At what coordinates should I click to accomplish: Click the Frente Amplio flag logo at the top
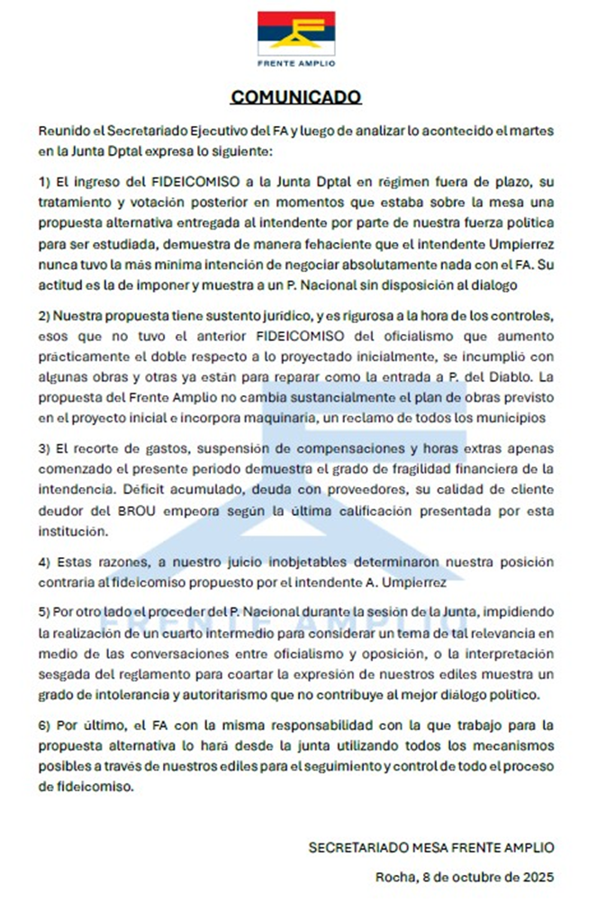[296, 33]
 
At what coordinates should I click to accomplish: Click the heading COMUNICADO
[296, 96]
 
